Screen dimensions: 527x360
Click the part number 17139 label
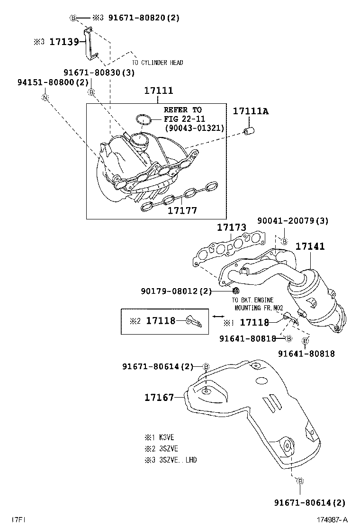click(64, 42)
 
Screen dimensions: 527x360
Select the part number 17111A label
click(250, 111)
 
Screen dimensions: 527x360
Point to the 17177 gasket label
click(182, 210)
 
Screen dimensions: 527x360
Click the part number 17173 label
click(232, 228)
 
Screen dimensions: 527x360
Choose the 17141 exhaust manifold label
click(310, 246)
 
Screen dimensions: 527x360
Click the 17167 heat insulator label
click(159, 397)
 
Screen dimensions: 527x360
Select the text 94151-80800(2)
click(46, 82)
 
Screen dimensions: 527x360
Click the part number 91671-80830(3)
click(99, 73)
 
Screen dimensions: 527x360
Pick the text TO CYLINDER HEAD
click(157, 63)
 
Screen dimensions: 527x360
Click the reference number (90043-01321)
click(194, 128)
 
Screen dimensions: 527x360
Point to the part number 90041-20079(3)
click(293, 221)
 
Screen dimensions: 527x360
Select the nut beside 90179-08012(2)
click(236, 290)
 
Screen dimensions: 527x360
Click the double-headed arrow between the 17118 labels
click(218, 316)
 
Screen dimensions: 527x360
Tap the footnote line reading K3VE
click(163, 437)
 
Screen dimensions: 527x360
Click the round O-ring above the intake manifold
click(144, 120)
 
